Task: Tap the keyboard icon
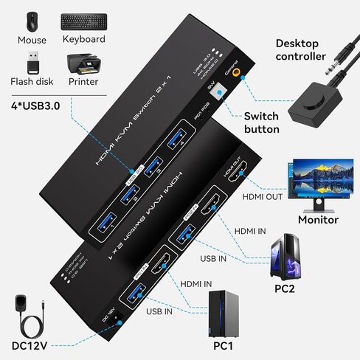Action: pos(83,20)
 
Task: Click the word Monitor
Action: pos(317,219)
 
